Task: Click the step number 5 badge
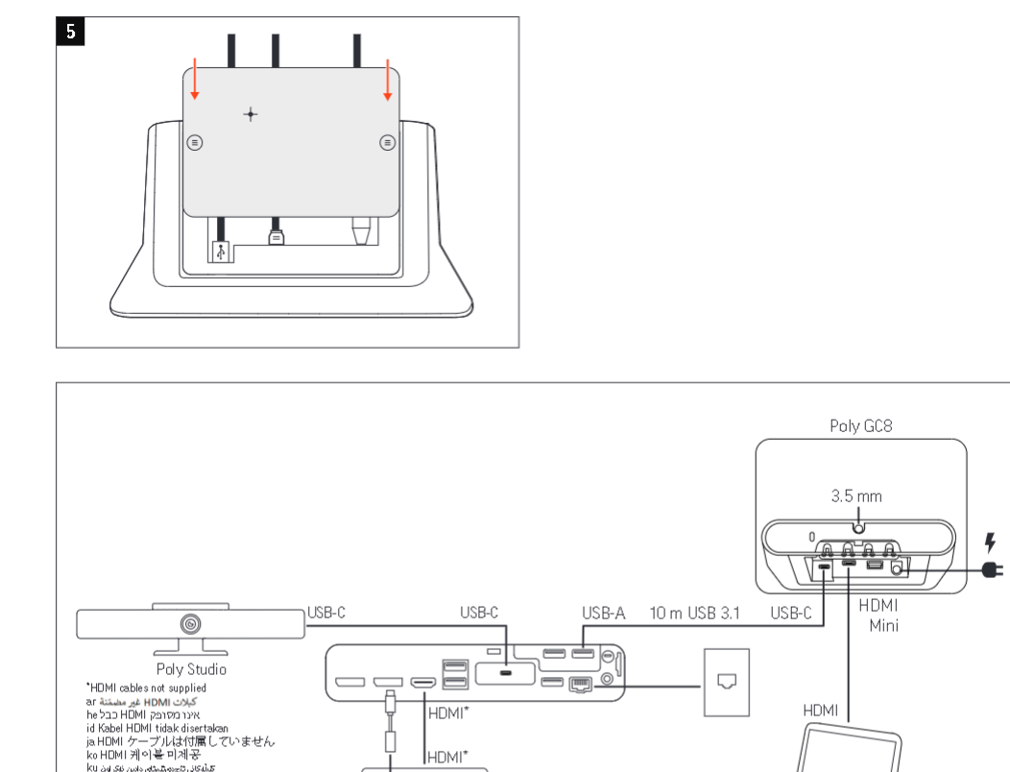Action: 70,32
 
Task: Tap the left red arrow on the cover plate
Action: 195,80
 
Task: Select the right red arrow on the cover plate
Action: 388,80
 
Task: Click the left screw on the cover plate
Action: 195,142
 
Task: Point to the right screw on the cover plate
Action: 388,142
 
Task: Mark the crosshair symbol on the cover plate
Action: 250,114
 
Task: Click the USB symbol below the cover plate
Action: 222,253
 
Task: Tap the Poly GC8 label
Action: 860,425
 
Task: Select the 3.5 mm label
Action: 856,496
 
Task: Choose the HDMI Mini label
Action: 878,615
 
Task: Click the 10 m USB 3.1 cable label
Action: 694,613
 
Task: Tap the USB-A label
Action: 603,613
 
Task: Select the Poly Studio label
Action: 191,669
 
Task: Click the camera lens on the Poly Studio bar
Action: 191,624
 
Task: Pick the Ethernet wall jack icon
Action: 726,682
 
